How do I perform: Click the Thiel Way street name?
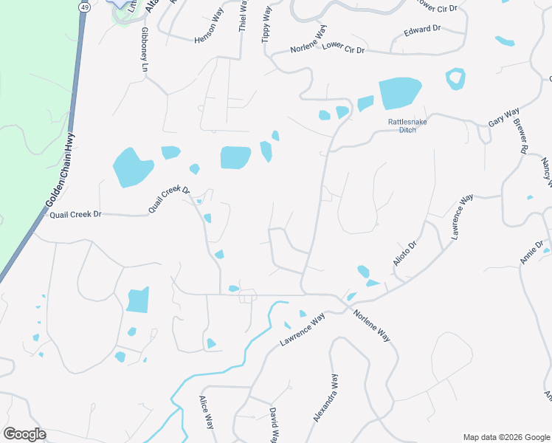243,16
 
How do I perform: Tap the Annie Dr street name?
531,252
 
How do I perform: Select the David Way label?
272,424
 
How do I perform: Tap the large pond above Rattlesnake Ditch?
399,94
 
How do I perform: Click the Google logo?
24,434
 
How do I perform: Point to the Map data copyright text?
506,437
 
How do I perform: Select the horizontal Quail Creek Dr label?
75,214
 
